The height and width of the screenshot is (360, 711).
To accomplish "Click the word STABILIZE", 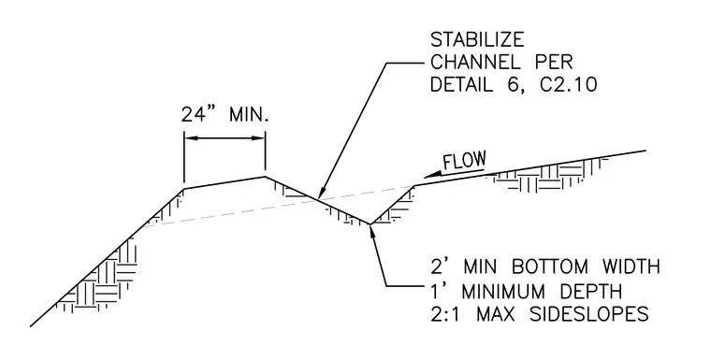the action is (476, 40).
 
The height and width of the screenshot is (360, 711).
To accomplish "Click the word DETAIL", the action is (461, 84).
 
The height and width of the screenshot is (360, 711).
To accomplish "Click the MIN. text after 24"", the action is (249, 114).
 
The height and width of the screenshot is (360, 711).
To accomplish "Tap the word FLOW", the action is (464, 161).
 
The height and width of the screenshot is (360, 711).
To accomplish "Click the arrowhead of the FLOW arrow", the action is (430, 175).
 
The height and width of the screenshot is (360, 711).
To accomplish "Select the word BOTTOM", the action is (549, 267).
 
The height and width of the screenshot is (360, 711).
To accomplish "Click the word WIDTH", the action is (631, 267).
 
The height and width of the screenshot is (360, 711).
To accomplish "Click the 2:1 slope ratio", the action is (445, 314).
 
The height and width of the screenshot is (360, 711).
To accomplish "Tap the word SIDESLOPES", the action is (589, 314).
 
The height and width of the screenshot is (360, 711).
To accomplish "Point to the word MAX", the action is (495, 314).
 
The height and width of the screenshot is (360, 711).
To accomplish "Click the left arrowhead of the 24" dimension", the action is (191, 138).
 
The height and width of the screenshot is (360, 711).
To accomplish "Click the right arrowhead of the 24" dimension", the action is (258, 138).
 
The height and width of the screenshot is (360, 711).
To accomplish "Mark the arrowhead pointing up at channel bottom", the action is (372, 229).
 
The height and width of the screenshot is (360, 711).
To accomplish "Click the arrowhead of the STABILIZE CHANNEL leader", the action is (321, 194).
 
